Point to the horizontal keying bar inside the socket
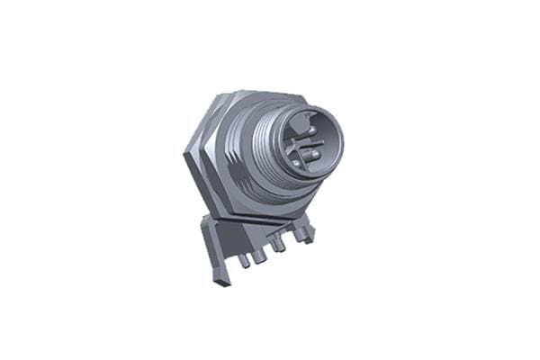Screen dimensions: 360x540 306,141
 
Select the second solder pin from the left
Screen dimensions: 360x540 259,256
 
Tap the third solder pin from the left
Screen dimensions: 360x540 280,245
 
